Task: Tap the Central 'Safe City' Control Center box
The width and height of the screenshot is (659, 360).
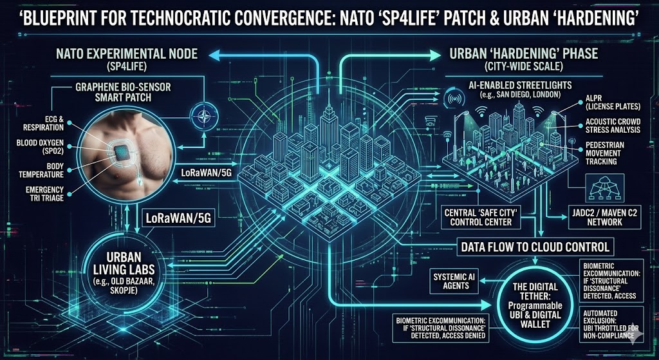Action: pos(487,218)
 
